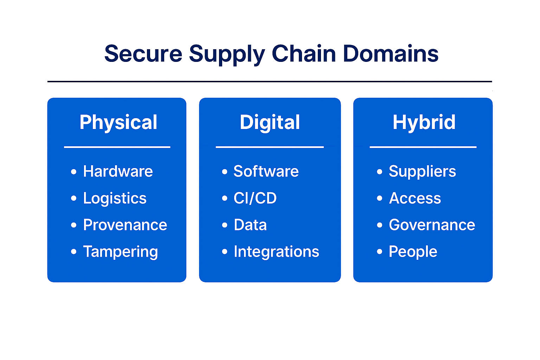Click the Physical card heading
tap(118, 122)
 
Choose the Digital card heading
tap(270, 122)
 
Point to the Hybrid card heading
tap(424, 122)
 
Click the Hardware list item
tap(118, 172)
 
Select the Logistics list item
tap(115, 198)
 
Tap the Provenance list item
tap(125, 225)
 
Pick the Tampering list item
tap(120, 252)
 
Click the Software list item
tap(266, 172)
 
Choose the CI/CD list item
tap(255, 198)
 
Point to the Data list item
tap(250, 225)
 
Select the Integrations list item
tap(276, 252)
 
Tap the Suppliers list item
tap(422, 172)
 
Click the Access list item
tap(415, 198)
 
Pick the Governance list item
tap(432, 225)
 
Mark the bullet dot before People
tap(379, 251)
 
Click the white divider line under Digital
tap(270, 147)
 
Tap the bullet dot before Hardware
tap(73, 172)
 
